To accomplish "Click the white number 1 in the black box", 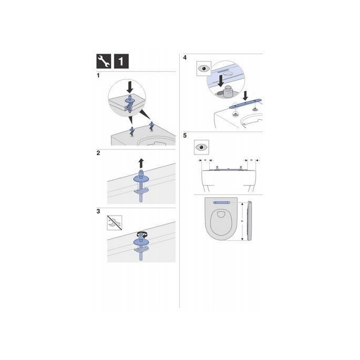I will pyautogui.click(x=120, y=61).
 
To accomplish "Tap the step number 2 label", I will pyautogui.click(x=99, y=153).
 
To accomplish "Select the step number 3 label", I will pyautogui.click(x=99, y=211).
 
